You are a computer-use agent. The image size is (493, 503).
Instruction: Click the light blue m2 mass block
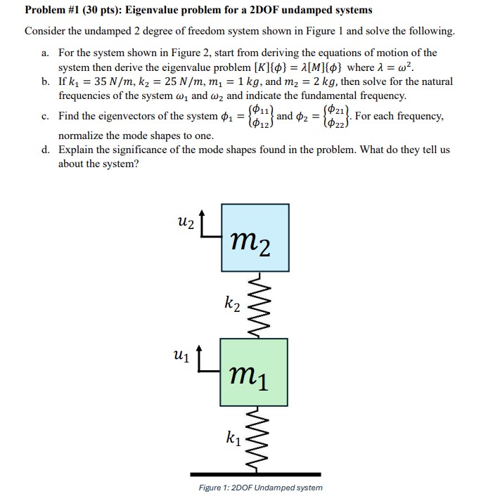pyautogui.click(x=254, y=237)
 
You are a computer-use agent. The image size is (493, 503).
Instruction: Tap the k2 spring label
pyautogui.click(x=233, y=304)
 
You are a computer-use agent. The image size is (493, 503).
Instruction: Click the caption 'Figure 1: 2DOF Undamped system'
pyautogui.click(x=262, y=487)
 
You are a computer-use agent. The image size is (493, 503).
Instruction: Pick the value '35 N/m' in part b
pyautogui.click(x=123, y=81)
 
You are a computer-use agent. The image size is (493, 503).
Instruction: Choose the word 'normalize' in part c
pyautogui.click(x=83, y=135)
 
